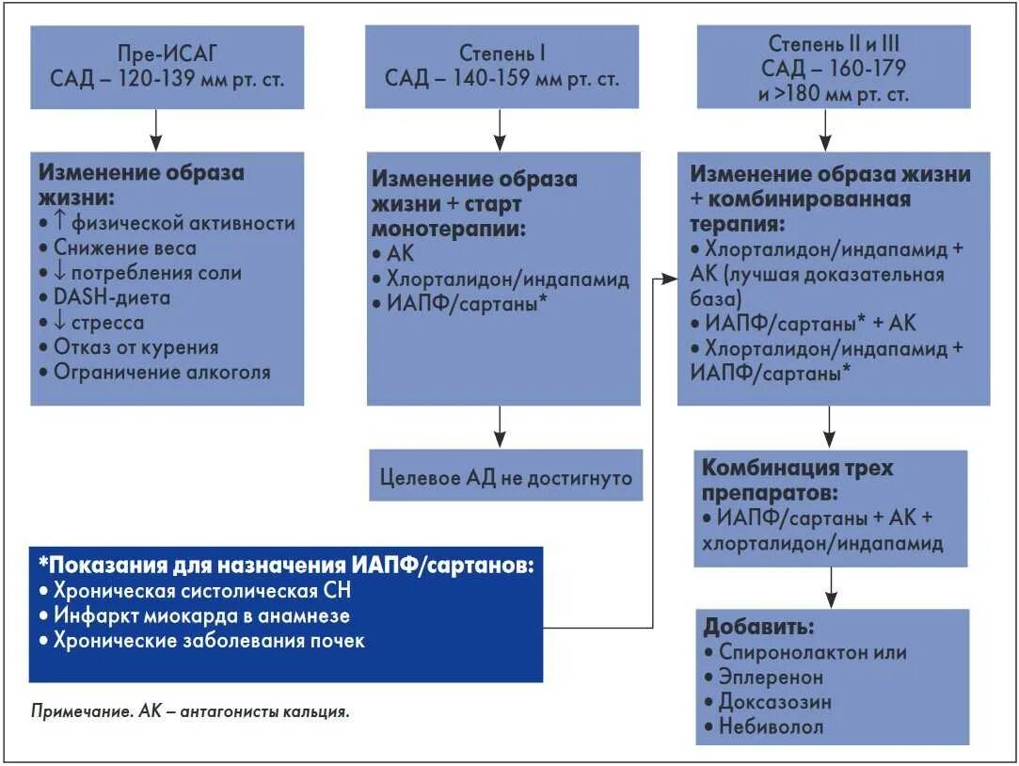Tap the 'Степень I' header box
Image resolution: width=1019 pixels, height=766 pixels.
point(502,66)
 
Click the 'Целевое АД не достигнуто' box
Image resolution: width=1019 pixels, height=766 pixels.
point(505,477)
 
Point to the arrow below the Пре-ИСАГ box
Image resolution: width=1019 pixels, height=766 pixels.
point(156,130)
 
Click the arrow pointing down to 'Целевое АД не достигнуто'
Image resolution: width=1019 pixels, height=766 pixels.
point(501,427)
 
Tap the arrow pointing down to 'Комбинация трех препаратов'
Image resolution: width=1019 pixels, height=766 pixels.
point(828,427)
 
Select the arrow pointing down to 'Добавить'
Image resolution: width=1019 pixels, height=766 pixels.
point(831,587)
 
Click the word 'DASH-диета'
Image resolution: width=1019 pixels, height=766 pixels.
point(105,297)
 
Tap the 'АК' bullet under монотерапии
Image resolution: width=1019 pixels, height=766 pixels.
point(400,254)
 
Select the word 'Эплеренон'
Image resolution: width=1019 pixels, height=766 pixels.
point(771,677)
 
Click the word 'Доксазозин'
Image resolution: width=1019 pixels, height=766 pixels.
point(774,702)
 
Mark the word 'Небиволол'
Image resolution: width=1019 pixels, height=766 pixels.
point(771,726)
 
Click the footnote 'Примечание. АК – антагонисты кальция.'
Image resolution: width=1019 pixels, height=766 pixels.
point(190,711)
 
